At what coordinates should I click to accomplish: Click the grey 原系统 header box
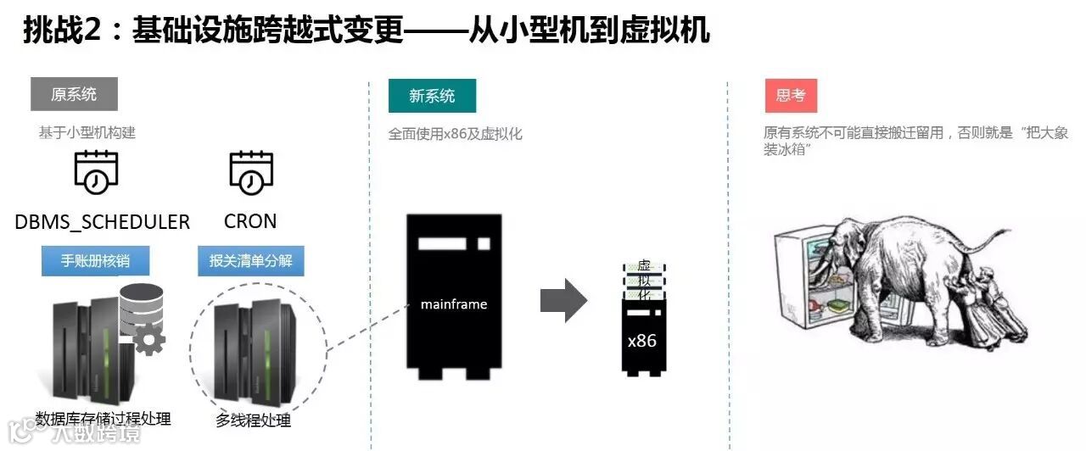click(74, 95)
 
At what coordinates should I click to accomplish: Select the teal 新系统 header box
click(432, 96)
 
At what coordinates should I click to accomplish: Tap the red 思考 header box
click(790, 96)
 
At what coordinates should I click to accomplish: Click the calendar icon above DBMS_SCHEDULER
click(95, 173)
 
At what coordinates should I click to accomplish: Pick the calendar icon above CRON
click(250, 173)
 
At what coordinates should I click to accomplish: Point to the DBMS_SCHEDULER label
click(102, 222)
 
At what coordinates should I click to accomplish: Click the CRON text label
click(250, 221)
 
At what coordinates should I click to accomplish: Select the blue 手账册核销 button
click(96, 260)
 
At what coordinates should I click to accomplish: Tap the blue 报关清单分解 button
click(250, 260)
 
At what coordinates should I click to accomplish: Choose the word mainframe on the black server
click(454, 303)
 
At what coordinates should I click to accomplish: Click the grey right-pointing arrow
click(563, 299)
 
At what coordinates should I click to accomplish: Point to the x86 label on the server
click(642, 341)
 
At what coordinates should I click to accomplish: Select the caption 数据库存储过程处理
click(104, 418)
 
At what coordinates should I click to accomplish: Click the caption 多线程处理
click(253, 420)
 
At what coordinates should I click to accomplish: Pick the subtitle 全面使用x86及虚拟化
click(455, 134)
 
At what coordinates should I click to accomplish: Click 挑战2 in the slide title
click(63, 31)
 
